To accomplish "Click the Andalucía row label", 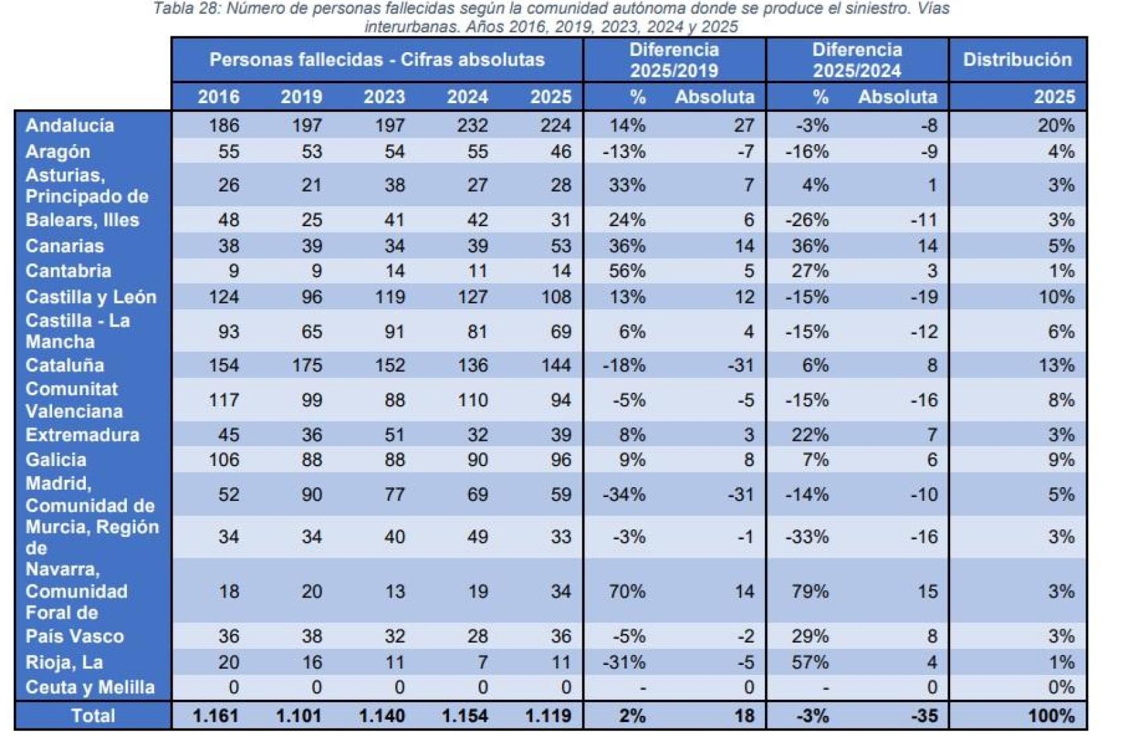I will tap(69, 125).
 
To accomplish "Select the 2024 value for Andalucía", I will tap(472, 125).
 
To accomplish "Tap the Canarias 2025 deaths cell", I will tap(560, 246).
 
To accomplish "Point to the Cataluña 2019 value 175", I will tap(307, 366).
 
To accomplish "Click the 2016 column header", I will tap(218, 97).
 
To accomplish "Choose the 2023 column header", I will tap(384, 97).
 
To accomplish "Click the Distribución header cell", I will tap(1016, 59).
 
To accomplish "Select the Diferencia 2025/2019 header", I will tap(674, 59).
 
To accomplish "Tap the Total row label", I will tap(93, 716).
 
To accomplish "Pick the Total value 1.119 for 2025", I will tap(548, 716).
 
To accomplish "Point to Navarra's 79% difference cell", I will tap(810, 591).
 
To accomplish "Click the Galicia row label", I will tap(56, 460).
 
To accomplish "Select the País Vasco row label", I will tap(75, 637).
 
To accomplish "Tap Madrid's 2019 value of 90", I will tap(311, 494).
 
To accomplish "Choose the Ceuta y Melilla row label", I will tap(90, 687).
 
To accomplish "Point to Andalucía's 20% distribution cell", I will tap(1055, 125).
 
